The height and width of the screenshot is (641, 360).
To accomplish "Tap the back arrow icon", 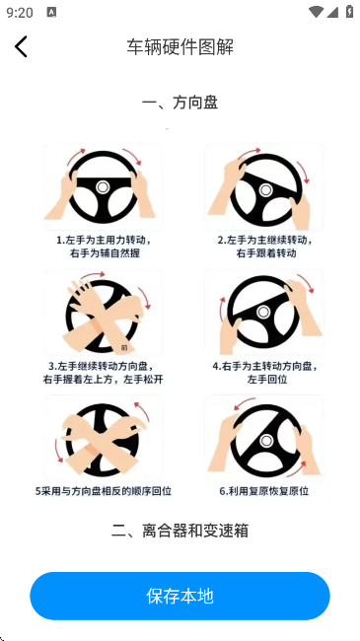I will [x=21, y=46].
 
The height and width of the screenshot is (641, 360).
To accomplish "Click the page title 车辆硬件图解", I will [x=180, y=46].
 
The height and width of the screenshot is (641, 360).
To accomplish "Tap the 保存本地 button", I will [x=180, y=596].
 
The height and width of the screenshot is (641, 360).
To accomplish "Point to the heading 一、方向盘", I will [x=180, y=102].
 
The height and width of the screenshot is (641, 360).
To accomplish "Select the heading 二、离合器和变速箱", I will [x=180, y=531].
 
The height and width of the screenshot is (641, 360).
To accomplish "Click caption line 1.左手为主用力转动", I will [x=102, y=240].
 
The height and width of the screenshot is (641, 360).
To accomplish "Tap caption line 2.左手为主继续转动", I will [x=264, y=240].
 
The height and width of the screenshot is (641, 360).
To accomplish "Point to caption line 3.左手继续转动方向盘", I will [x=102, y=365].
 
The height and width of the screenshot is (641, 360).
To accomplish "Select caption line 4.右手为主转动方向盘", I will [x=264, y=365].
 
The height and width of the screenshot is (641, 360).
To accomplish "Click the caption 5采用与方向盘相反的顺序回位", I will [x=103, y=490].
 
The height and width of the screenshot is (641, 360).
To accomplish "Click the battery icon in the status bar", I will [x=349, y=13].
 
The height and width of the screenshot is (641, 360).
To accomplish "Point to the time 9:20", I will [x=19, y=13].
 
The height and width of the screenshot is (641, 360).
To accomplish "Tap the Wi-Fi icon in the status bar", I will [x=316, y=13].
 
